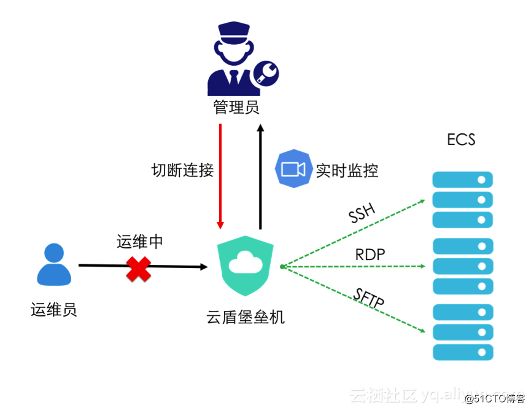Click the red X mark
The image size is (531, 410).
pyautogui.click(x=139, y=268)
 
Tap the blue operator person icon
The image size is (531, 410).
pyautogui.click(x=54, y=265)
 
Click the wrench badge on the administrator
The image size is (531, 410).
pyautogui.click(x=266, y=74)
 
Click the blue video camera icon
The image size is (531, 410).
pyautogui.click(x=293, y=168)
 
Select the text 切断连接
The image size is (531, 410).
pyautogui.click(x=182, y=170)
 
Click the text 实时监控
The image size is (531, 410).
pyautogui.click(x=347, y=170)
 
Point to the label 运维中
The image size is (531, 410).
pyautogui.click(x=140, y=242)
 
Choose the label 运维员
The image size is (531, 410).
pyautogui.click(x=54, y=309)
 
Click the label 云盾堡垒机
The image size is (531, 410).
pyautogui.click(x=246, y=317)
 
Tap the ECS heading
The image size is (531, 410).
pyautogui.click(x=461, y=140)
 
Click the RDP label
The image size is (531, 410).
pyautogui.click(x=371, y=254)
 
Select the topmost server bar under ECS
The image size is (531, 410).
pyautogui.click(x=462, y=180)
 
